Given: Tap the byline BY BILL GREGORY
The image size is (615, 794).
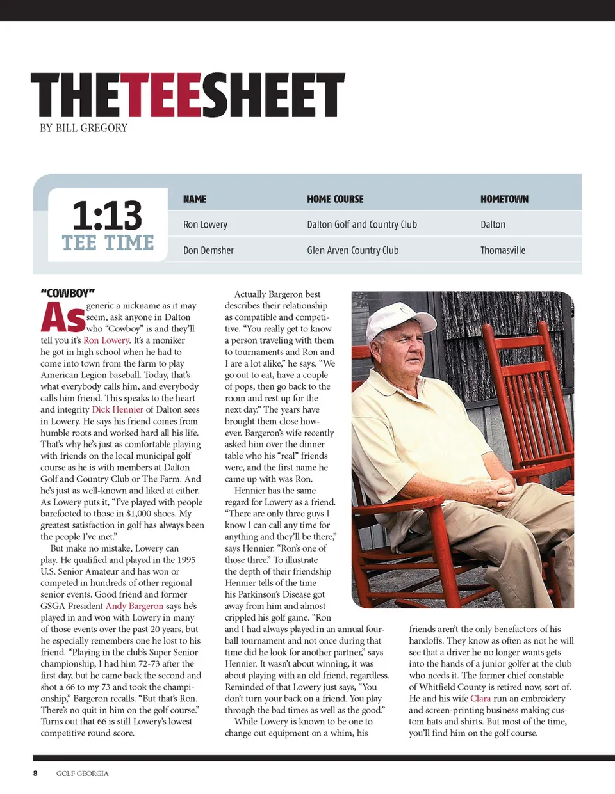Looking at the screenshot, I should pyautogui.click(x=83, y=128).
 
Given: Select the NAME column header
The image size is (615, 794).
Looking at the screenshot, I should pyautogui.click(x=195, y=199).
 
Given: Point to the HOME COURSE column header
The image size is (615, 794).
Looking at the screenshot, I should pyautogui.click(x=335, y=199).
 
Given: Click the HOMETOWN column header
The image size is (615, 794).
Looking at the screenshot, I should pyautogui.click(x=504, y=199).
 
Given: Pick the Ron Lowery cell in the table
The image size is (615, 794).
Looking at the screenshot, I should pyautogui.click(x=205, y=225).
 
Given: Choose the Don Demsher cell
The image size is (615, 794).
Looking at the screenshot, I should pyautogui.click(x=208, y=250).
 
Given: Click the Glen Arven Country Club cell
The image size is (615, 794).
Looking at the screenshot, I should pyautogui.click(x=352, y=250).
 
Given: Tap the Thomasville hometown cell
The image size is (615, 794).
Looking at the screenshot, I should pyautogui.click(x=503, y=250).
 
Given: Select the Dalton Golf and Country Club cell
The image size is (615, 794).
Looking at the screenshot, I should pyautogui.click(x=362, y=225).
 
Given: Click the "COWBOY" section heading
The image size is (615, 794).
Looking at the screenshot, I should pyautogui.click(x=68, y=293).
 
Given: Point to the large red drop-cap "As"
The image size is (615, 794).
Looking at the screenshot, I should pyautogui.click(x=63, y=317).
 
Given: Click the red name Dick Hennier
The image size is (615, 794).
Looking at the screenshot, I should pyautogui.click(x=117, y=409).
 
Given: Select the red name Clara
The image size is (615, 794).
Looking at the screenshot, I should pyautogui.click(x=480, y=698).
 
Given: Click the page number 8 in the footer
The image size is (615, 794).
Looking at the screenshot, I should pyautogui.click(x=35, y=773).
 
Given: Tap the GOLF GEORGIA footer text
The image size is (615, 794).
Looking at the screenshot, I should pyautogui.click(x=82, y=773).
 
